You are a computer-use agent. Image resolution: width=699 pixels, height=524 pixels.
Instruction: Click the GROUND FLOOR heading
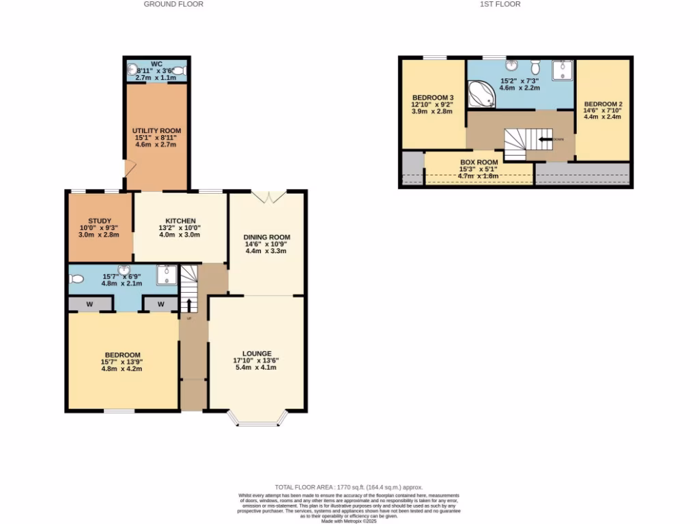coord(173,4)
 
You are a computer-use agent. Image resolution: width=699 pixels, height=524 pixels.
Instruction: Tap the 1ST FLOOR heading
coord(500,4)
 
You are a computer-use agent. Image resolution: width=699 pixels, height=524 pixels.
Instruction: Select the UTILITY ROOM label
coord(157,130)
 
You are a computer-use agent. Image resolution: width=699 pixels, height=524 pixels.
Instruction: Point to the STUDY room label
coord(100,220)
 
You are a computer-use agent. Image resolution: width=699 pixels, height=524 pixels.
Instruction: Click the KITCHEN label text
coord(180,220)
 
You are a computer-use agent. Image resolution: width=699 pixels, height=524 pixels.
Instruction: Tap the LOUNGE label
coord(256,353)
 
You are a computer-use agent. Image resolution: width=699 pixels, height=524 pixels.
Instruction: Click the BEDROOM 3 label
coord(433,98)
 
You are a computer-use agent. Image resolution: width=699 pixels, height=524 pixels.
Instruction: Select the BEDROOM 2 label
coord(603,104)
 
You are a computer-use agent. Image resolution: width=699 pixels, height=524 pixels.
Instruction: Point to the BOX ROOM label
coord(479,162)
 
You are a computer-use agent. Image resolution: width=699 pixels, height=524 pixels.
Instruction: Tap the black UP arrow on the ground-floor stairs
coord(189,304)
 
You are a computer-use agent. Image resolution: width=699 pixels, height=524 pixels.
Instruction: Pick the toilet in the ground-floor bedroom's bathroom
coord(76,278)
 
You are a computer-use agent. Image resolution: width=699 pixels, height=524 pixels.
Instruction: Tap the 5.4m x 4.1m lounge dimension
coord(256,368)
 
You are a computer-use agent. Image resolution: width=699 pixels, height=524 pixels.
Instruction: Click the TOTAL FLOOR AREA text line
coord(349,488)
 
